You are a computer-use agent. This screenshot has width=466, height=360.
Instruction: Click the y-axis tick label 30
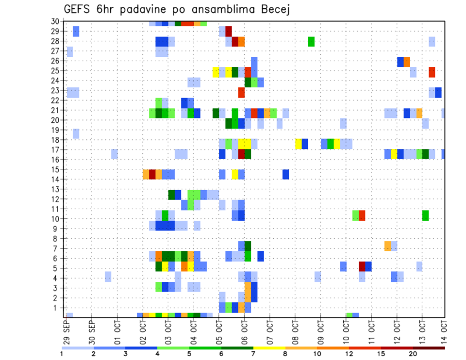coord(55,21)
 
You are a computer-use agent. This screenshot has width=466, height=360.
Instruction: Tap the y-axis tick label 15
coord(55,169)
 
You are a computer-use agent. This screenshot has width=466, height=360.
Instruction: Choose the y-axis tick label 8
coord(57,239)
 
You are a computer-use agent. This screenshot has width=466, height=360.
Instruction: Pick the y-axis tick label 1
coord(57,308)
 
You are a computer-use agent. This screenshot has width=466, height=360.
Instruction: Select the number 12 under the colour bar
coord(349,354)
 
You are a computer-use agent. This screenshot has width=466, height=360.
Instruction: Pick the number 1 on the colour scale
coord(62,354)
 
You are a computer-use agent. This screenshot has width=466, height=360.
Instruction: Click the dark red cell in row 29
coord(229,32)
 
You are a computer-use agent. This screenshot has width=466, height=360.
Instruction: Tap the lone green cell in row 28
coord(311,41)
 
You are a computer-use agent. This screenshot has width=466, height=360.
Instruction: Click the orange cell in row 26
coord(407,62)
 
